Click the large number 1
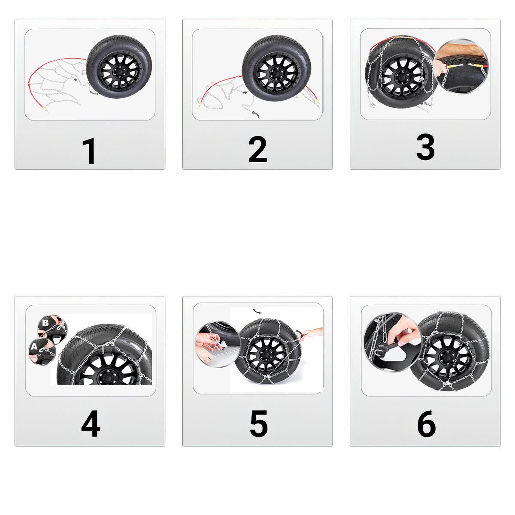[89, 151]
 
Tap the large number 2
[257, 149]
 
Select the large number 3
[425, 147]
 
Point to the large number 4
[91, 424]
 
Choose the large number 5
[258, 424]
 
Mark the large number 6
[426, 424]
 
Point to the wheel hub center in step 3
[400, 77]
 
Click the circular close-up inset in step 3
[461, 67]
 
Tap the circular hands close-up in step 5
[216, 342]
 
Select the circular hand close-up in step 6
[392, 342]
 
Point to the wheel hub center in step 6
[447, 358]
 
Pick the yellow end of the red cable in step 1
[44, 108]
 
